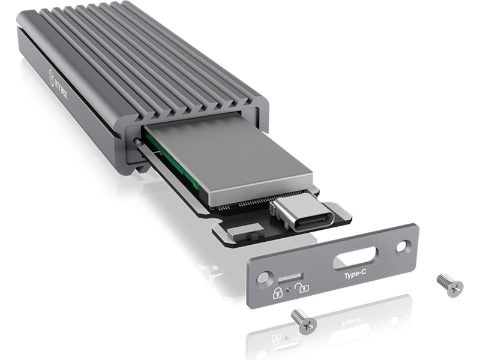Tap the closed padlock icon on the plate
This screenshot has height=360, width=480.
click(278, 293)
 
